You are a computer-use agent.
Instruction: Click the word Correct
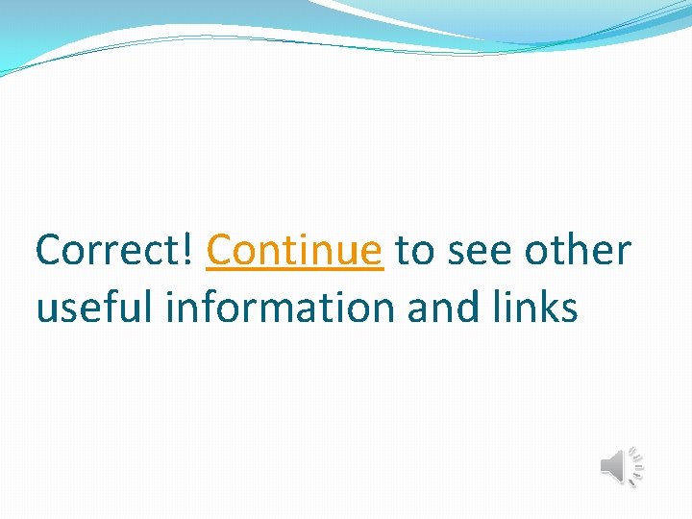click(x=112, y=251)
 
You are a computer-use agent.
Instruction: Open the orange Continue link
click(x=294, y=251)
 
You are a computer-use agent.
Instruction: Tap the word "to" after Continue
click(x=415, y=252)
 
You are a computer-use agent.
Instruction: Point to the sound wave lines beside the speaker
click(x=635, y=467)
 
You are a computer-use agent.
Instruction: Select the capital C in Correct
click(x=50, y=251)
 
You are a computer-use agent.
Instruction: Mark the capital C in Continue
click(x=221, y=251)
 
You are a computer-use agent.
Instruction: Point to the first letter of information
click(x=171, y=308)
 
